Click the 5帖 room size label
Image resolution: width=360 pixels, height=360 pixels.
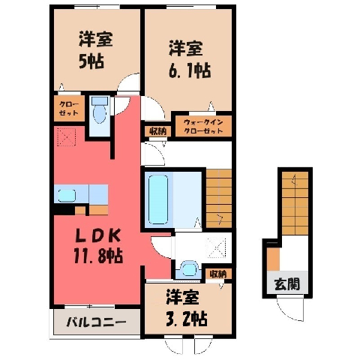click(x=91, y=61)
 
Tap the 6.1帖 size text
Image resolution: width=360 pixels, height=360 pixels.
click(x=190, y=70)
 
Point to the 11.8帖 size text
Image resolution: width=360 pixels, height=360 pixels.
click(x=98, y=256)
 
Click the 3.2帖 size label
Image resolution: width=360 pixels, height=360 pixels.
click(x=187, y=318)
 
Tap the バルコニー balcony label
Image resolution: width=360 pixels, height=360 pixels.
click(x=96, y=322)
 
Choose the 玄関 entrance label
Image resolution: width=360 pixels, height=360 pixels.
click(x=287, y=284)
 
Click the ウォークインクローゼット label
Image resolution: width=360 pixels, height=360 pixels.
click(x=203, y=127)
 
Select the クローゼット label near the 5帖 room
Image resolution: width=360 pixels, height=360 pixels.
click(x=69, y=109)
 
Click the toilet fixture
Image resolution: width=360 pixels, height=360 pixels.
click(x=100, y=110)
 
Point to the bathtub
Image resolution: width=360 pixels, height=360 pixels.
click(x=158, y=199)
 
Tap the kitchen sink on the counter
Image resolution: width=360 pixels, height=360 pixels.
click(x=67, y=195)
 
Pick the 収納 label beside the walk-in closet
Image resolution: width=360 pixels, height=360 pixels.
click(x=158, y=131)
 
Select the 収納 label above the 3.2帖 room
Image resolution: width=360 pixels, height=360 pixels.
click(x=218, y=274)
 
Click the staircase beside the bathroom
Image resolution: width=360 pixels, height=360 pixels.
click(x=219, y=199)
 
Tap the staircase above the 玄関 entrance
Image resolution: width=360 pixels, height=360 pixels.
click(x=295, y=203)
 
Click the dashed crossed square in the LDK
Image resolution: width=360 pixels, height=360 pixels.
click(x=67, y=136)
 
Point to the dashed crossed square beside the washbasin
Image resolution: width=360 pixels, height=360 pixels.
click(x=217, y=247)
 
